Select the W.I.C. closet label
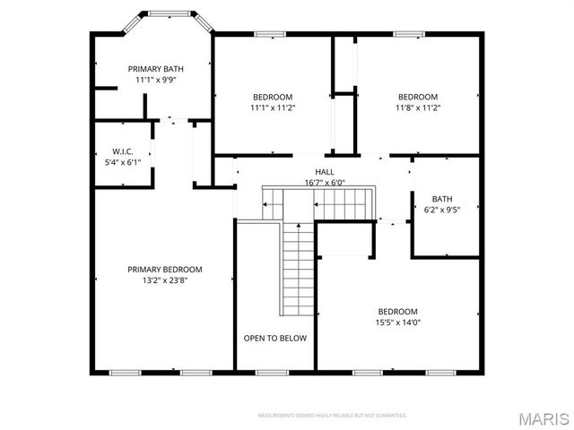(x=123, y=151)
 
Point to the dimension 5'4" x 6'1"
(x=123, y=162)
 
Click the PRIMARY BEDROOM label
(x=164, y=269)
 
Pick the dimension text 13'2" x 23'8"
(x=164, y=279)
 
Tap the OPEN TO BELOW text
(x=275, y=338)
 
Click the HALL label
(x=324, y=171)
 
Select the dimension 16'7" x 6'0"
(x=324, y=182)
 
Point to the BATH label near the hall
(x=442, y=199)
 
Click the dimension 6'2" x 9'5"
(x=442, y=210)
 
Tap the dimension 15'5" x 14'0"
(x=397, y=322)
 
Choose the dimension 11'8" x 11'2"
(x=418, y=107)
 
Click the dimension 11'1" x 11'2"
(x=273, y=107)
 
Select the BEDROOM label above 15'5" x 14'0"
(x=397, y=312)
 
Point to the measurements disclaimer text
(x=332, y=416)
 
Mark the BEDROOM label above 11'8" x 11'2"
(x=418, y=97)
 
